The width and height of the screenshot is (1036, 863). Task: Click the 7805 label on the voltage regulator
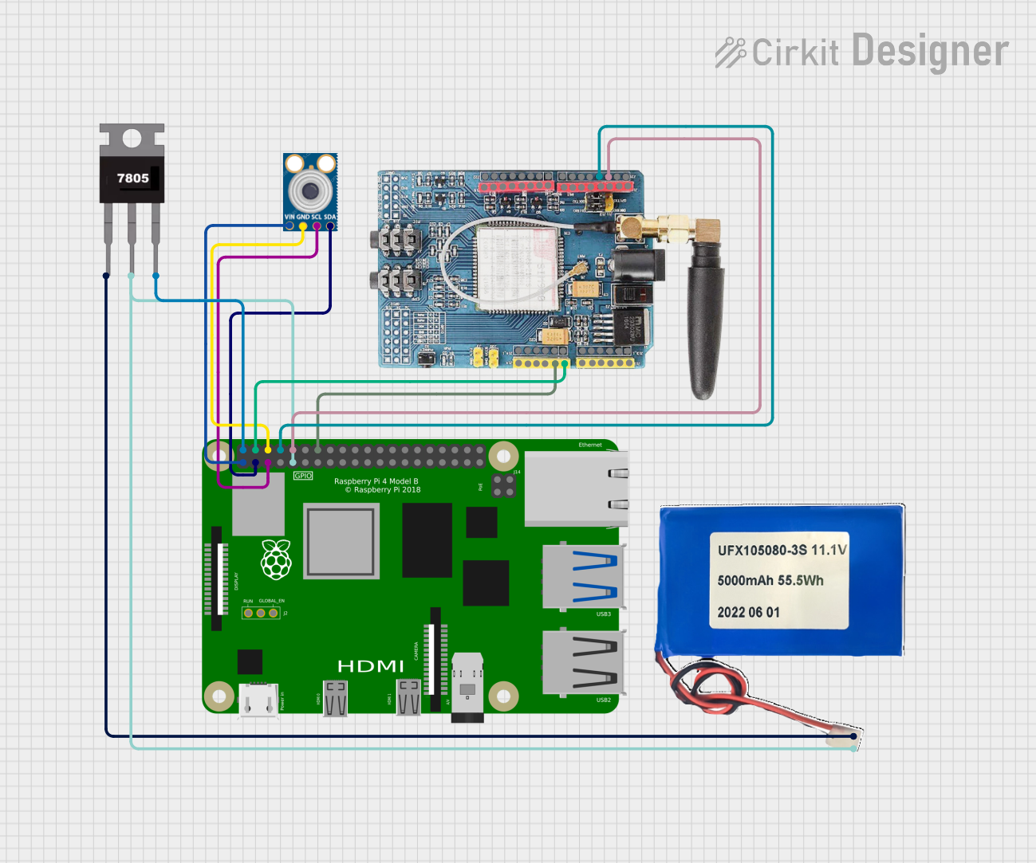(x=132, y=178)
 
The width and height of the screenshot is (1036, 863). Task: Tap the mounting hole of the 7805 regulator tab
(x=132, y=139)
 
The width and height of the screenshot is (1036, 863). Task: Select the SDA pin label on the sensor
(x=329, y=217)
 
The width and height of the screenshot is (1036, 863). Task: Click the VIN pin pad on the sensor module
(x=290, y=226)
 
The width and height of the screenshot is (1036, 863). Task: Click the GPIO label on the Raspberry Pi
(x=303, y=476)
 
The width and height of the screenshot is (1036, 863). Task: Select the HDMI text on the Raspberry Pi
(x=370, y=666)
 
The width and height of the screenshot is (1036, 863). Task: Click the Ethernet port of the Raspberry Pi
(x=576, y=488)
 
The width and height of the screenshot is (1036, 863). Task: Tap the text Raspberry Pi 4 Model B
(x=376, y=481)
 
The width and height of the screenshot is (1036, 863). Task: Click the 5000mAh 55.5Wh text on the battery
(x=770, y=581)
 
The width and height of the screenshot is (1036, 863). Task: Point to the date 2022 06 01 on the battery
(x=748, y=613)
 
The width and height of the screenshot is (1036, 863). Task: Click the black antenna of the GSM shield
(x=705, y=319)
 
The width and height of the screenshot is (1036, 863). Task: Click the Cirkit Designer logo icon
(x=729, y=53)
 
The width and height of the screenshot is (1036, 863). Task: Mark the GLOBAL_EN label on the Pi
(x=271, y=601)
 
